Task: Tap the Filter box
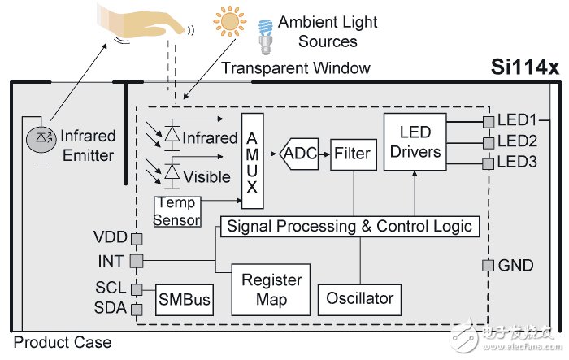point(352,153)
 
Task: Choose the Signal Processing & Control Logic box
point(350,225)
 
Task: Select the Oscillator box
point(360,297)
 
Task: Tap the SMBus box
point(185,301)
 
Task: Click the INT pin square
point(137,261)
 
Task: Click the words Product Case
point(63,342)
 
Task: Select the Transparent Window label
point(298,68)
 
